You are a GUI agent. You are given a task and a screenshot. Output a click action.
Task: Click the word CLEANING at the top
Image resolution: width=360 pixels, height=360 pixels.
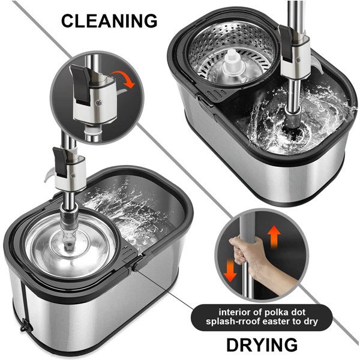coord(109,21)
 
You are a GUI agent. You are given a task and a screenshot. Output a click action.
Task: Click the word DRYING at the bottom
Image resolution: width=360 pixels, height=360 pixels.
coord(262,345)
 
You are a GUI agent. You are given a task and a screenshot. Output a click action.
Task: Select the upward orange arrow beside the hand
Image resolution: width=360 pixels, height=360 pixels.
coord(274,237)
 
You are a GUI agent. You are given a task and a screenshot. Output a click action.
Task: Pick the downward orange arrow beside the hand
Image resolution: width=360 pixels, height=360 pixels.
coord(230,270)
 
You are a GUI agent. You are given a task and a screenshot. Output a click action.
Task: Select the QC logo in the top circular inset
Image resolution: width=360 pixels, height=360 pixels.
coord(99,103)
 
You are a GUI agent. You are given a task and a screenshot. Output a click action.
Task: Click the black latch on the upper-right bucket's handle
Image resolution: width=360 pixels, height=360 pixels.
coord(286,44)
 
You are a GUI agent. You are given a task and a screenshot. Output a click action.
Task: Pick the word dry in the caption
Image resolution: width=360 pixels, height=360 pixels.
coord(311,322)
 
